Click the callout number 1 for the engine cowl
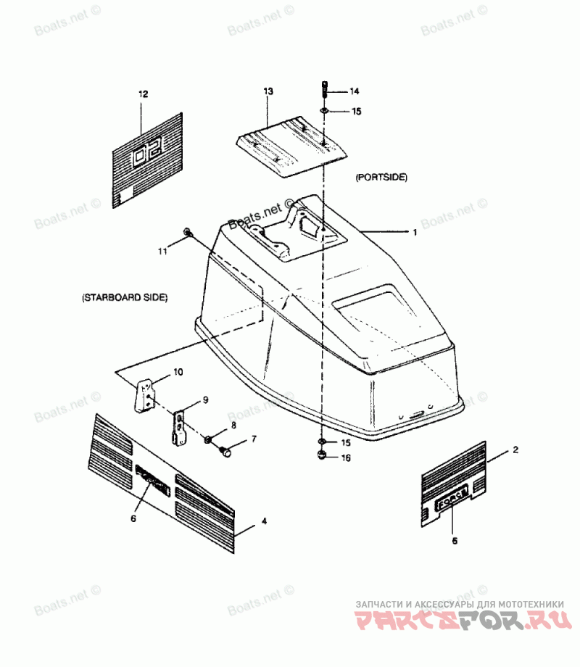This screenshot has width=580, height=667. coord(414,233)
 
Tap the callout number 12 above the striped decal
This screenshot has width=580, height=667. coord(143,94)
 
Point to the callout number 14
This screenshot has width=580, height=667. coord(355,91)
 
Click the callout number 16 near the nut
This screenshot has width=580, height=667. coord(346,458)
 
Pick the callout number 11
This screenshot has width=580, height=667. coord(163,251)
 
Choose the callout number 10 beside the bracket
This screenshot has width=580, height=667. coord(178,373)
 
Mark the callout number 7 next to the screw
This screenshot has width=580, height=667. coord(254,439)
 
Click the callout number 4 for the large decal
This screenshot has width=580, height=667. coord(264,521)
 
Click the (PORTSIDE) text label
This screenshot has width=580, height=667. coord(381,177)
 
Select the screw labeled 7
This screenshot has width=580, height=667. coord(225,452)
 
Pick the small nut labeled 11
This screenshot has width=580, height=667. coord(188,232)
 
